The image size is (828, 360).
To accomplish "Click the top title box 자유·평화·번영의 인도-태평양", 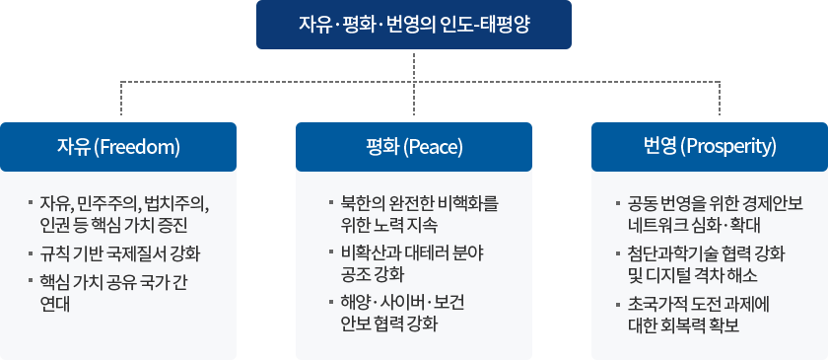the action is (x=413, y=25).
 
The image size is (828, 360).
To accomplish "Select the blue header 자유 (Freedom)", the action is (x=118, y=147).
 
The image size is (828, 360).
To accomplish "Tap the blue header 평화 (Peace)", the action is (x=413, y=147).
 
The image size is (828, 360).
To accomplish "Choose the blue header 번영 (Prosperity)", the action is (x=708, y=146).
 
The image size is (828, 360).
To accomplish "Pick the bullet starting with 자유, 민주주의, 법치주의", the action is (x=123, y=214).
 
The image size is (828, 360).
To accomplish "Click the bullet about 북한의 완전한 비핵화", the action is (x=418, y=214).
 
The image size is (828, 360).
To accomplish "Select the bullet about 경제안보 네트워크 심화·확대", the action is (x=715, y=214).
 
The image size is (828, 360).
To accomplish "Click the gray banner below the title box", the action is (x=420, y=84).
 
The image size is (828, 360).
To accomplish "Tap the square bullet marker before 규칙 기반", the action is (x=31, y=252).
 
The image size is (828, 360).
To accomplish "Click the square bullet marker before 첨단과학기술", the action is (x=618, y=252).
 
